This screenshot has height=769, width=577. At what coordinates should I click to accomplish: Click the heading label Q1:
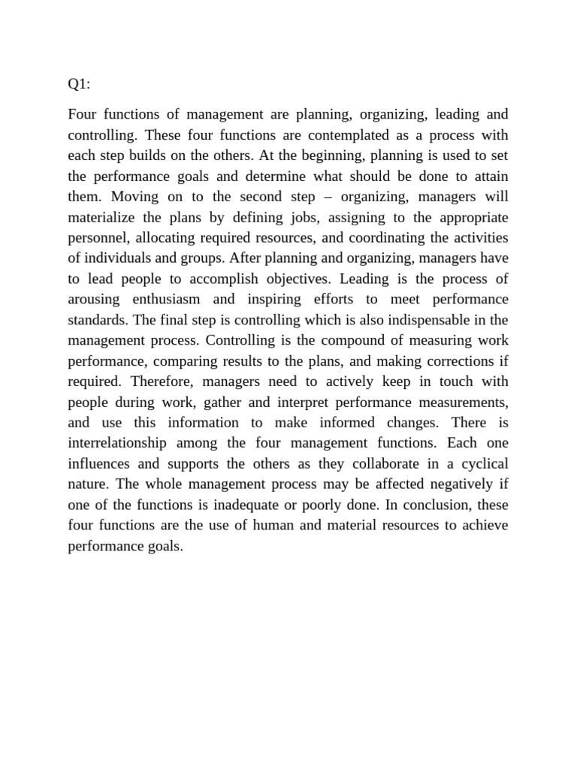[79, 84]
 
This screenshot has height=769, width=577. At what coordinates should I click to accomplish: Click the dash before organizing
[330, 197]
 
